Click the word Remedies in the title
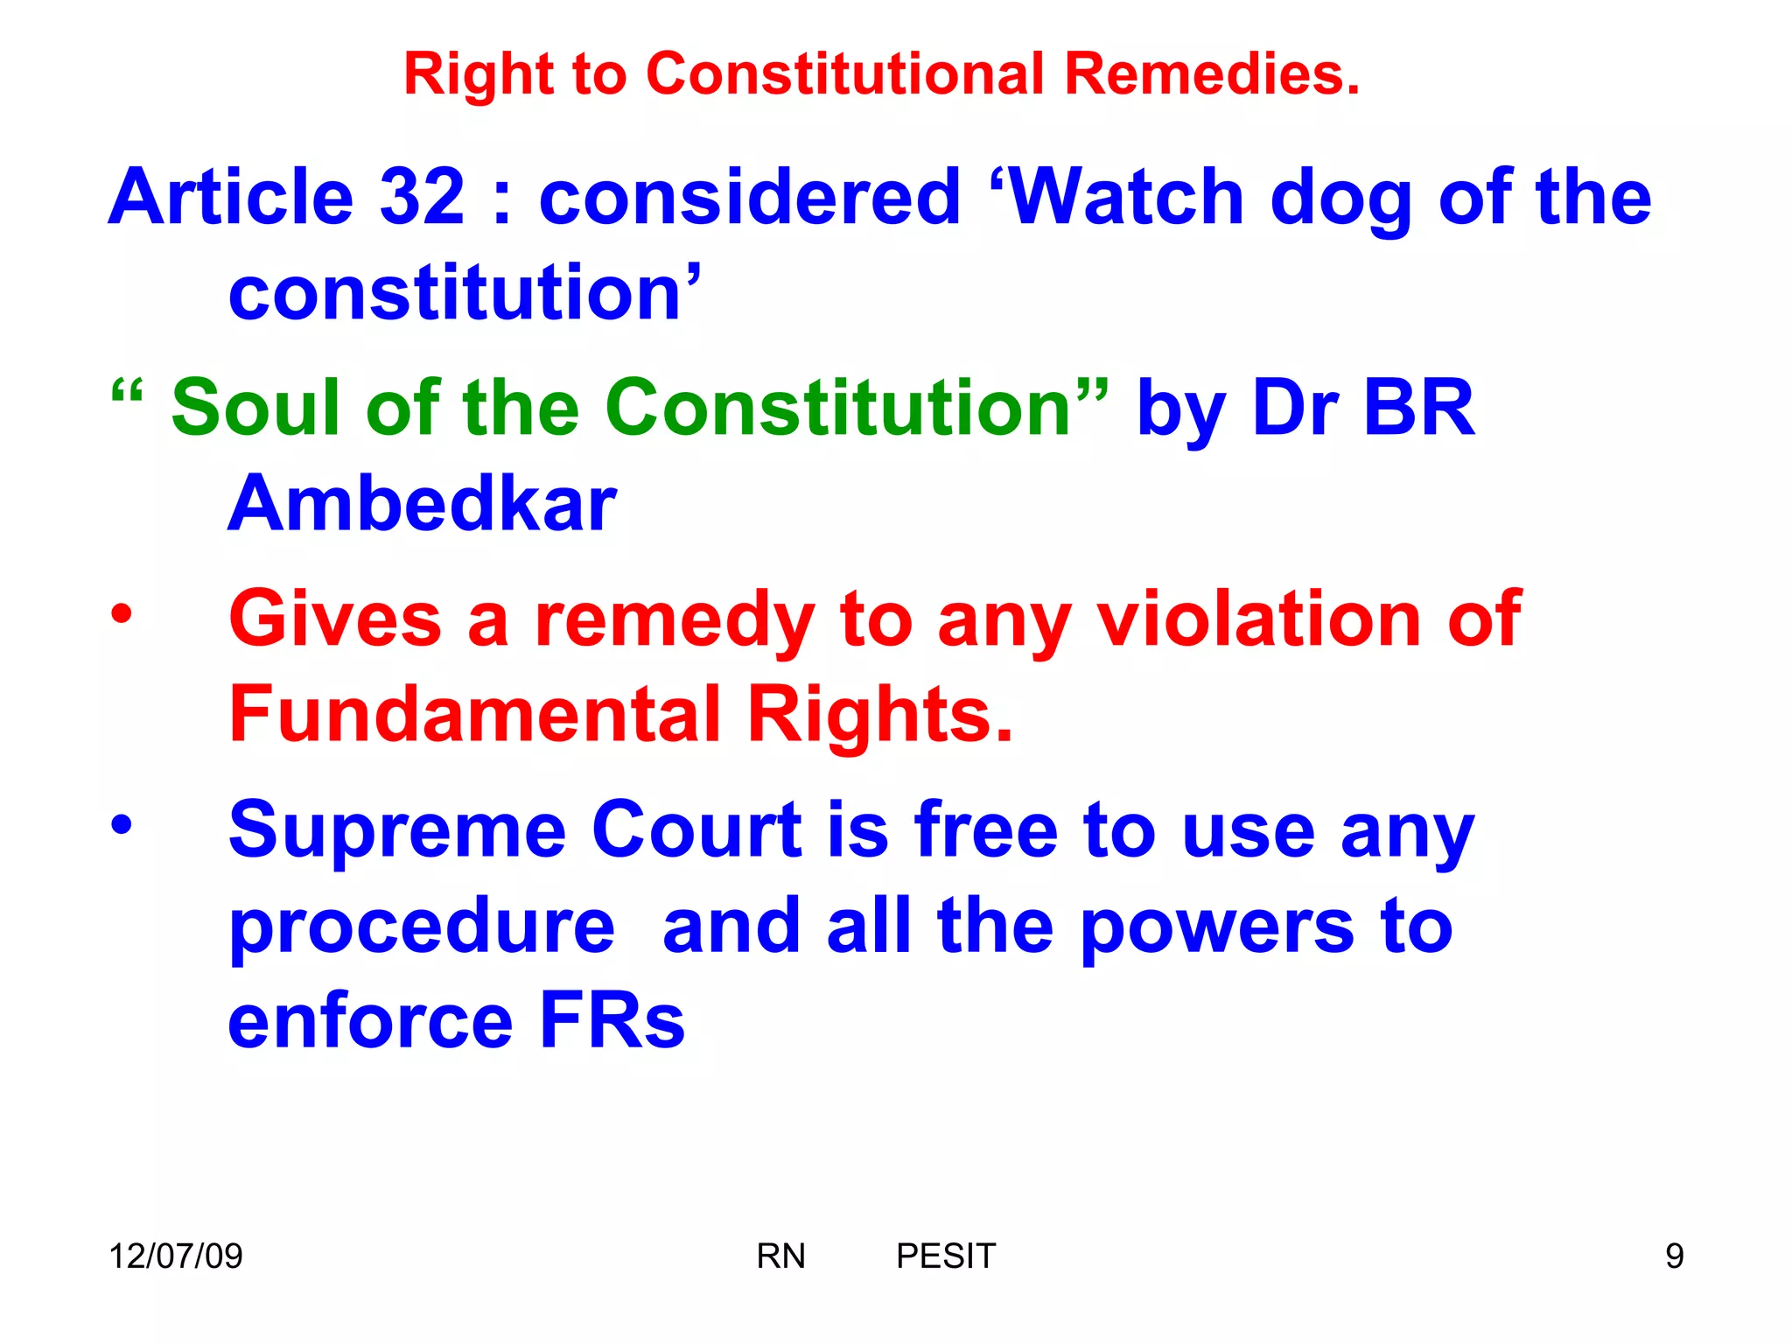1212,73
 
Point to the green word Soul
255,407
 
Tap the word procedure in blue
422,927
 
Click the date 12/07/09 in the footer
176,1256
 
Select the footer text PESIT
946,1256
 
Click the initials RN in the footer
780,1256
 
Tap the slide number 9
1674,1256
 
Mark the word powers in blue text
1217,927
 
